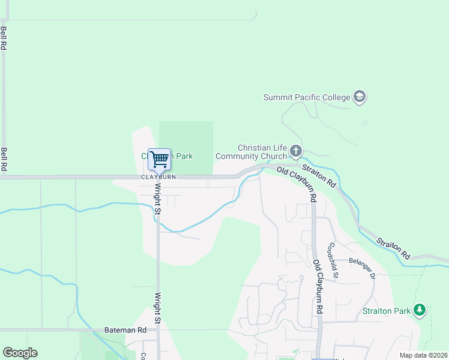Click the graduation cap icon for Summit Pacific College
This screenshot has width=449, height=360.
[x=360, y=97]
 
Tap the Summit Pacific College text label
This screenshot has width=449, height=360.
[x=307, y=97]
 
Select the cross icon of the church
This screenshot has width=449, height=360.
[x=295, y=150]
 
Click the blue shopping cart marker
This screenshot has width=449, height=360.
[x=159, y=160]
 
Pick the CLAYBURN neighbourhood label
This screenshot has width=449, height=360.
[x=158, y=178]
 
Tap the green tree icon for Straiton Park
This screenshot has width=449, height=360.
[x=420, y=310]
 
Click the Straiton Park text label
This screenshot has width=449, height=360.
[x=386, y=311]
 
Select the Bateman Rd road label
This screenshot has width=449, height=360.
[x=125, y=329]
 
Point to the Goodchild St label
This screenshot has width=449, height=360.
[x=333, y=254]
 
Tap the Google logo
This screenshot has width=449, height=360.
[x=20, y=353]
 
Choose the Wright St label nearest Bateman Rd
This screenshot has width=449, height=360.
[x=158, y=308]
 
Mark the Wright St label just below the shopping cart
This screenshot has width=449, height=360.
[x=158, y=199]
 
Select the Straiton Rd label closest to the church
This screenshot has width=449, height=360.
[x=318, y=174]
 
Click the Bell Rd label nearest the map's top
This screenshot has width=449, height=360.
[x=4, y=38]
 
